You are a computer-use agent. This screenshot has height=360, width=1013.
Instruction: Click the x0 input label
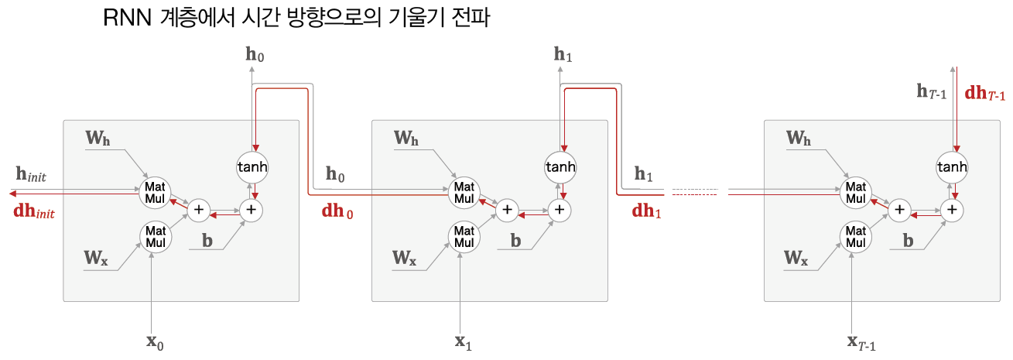point(154,342)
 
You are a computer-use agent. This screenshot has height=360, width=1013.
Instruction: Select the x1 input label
point(463,342)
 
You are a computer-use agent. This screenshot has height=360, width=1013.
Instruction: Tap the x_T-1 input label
point(861,342)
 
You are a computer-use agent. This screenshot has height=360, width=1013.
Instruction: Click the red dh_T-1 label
point(985,94)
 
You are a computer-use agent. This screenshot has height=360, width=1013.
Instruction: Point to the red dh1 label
point(647,210)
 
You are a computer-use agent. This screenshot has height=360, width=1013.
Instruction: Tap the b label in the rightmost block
point(909,240)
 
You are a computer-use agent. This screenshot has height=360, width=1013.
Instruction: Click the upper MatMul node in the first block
point(153,191)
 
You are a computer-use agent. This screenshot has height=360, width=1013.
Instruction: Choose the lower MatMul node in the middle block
point(463,235)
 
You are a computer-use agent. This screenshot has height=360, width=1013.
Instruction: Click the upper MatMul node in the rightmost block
point(855,191)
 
